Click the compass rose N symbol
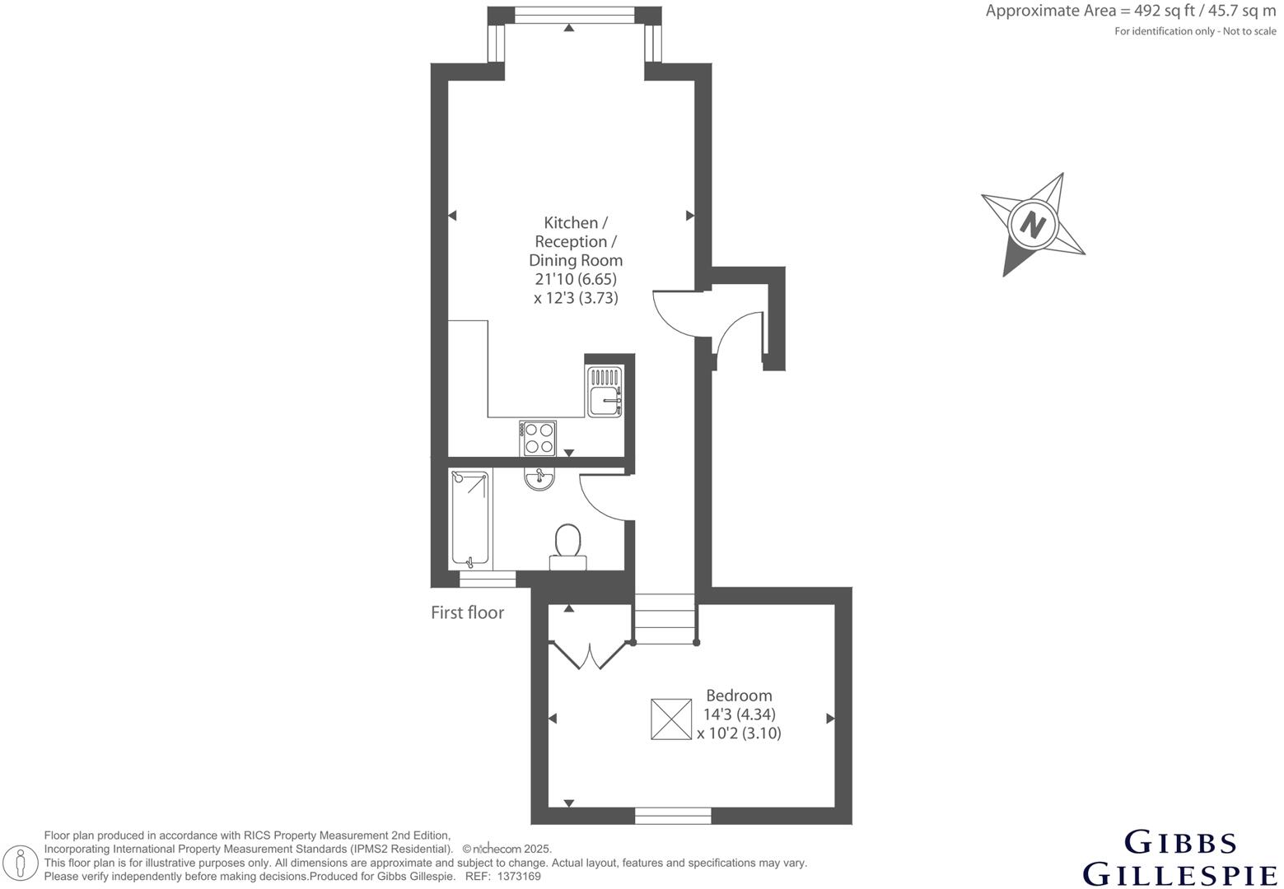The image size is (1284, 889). coord(1032,224)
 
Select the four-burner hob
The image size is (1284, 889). coord(538,438)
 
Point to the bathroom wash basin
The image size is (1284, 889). coord(539,478)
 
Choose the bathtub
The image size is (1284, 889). coord(470,518)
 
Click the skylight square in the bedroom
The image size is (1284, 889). coord(671,719)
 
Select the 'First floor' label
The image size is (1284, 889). coord(467,612)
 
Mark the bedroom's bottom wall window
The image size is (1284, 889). coord(673,815)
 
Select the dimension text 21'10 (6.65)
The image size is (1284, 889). coord(575,279)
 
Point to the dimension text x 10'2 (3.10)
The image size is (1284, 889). coord(739,733)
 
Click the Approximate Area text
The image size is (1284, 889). coord(1130,12)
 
